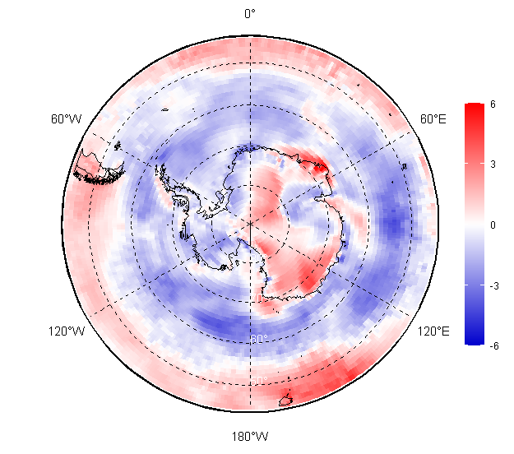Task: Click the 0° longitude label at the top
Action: pos(249,13)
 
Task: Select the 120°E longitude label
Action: pos(433,331)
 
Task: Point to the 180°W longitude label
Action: pos(249,436)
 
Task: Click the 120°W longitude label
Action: pos(66,331)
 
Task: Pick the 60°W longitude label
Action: pos(66,119)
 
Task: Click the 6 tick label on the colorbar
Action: pos(492,104)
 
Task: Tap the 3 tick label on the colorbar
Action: pos(492,164)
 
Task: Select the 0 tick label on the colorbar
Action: pos(492,225)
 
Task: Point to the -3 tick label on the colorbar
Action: pos(492,285)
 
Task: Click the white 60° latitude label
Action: pos(258,339)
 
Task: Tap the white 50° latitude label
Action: pos(258,380)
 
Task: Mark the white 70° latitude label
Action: pos(257,298)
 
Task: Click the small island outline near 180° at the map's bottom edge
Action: pos(286,401)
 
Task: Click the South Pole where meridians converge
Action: pos(249,223)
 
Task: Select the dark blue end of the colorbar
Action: pos(473,341)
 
